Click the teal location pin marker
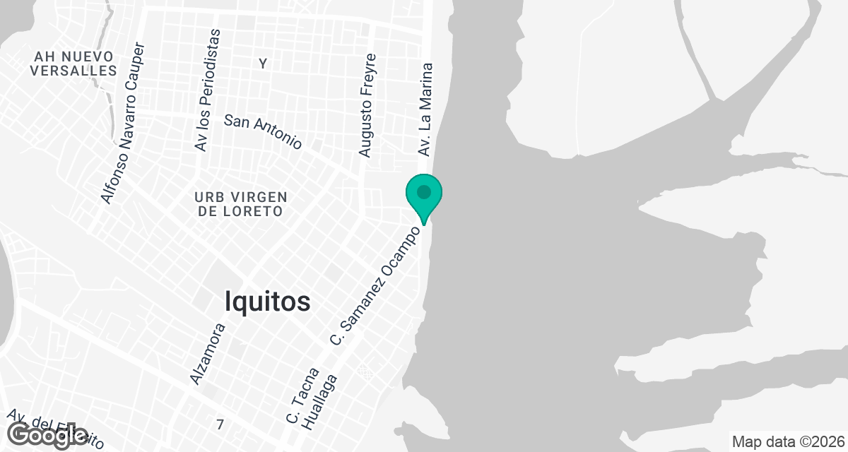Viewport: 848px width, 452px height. tap(423, 196)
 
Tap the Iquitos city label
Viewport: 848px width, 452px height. tap(267, 302)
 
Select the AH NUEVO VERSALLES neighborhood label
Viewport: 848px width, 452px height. tap(73, 63)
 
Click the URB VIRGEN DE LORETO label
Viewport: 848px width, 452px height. tap(242, 203)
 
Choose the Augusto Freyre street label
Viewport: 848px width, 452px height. tap(367, 105)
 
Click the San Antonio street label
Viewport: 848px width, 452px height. tap(263, 131)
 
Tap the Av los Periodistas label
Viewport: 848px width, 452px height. tap(207, 90)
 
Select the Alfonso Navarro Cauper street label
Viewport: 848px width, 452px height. tap(123, 124)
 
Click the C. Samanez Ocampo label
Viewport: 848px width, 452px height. tap(380, 286)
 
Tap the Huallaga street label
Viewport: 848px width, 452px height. tap(321, 403)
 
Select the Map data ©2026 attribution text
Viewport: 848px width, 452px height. tap(788, 442)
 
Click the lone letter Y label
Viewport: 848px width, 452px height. tap(263, 64)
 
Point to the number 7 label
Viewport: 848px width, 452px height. tap(220, 424)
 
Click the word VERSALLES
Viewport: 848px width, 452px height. tap(73, 71)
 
